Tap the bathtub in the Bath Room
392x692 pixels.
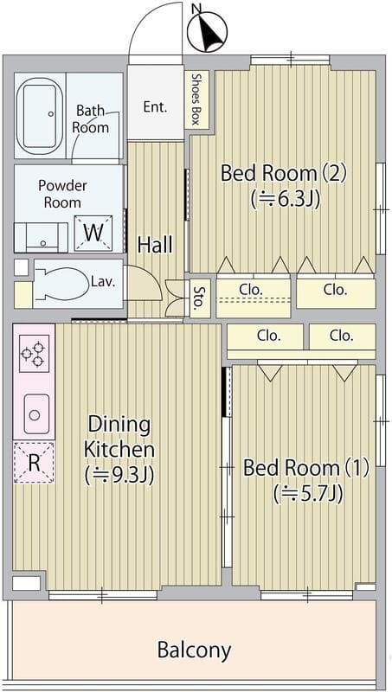click(40, 116)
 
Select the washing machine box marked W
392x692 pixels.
click(93, 233)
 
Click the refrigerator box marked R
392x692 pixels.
click(34, 462)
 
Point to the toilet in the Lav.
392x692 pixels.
click(61, 284)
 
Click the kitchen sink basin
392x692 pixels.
click(36, 413)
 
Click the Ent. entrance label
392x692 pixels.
click(156, 106)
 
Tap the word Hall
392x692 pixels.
click(155, 245)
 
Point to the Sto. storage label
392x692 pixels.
click(198, 298)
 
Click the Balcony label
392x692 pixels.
click(194, 650)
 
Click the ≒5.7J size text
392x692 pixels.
click(308, 493)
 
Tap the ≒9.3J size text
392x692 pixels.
click(119, 476)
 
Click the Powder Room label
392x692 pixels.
click(62, 194)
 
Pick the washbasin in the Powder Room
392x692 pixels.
click(42, 237)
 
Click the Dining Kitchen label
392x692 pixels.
click(119, 437)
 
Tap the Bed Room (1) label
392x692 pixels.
click(306, 468)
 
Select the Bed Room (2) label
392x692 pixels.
click(284, 173)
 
